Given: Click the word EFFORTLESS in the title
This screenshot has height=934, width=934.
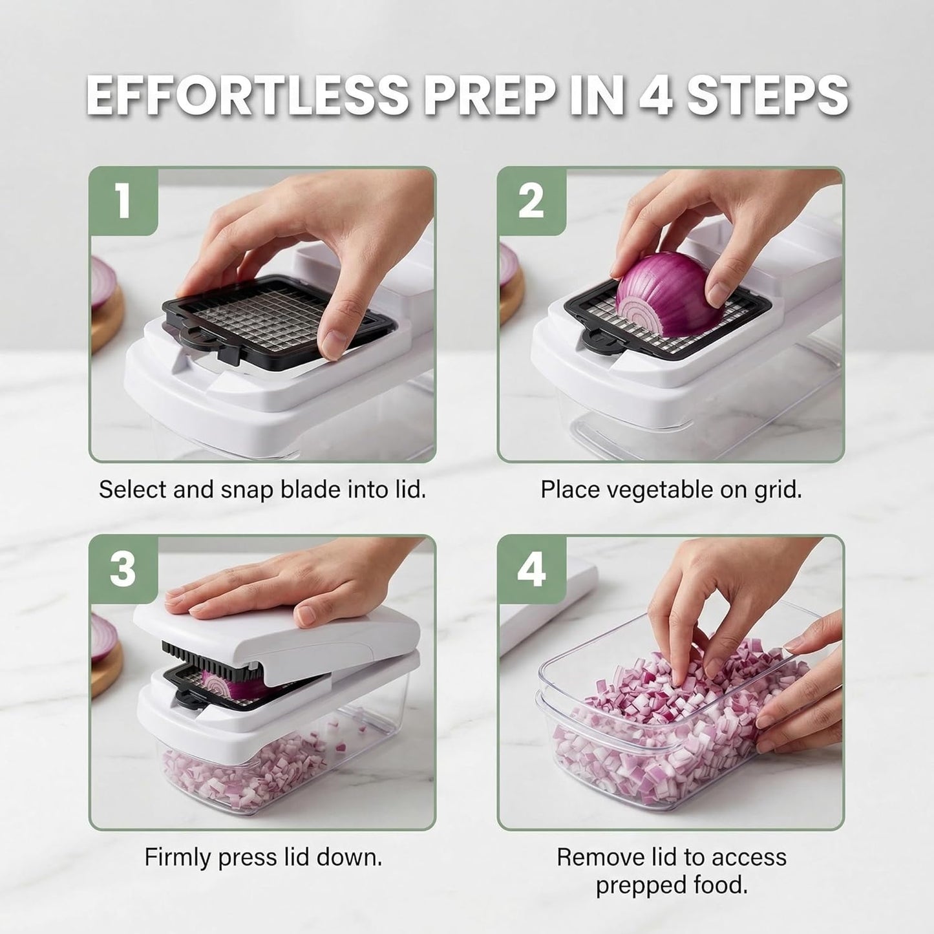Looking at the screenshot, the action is point(248,95).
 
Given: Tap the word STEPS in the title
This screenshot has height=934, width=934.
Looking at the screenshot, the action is point(768,95).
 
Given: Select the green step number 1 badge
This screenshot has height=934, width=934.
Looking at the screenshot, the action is point(124,200).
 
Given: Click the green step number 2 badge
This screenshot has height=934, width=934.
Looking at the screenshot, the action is point(532,200).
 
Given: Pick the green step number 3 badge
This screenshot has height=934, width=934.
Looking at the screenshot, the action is point(124,569).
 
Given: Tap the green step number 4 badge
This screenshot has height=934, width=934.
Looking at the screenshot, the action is point(532,569).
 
